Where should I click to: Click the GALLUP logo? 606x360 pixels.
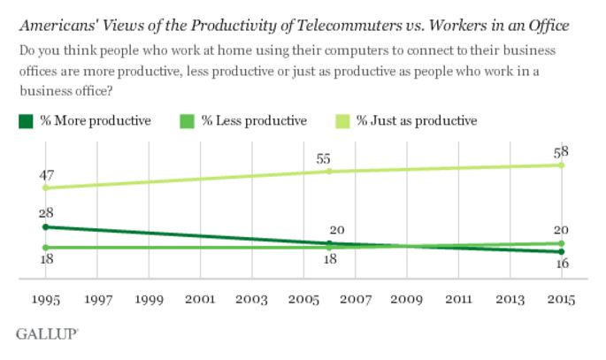[x=47, y=333]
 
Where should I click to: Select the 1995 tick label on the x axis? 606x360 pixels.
[x=45, y=301]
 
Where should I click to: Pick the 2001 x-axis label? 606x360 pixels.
[x=200, y=301]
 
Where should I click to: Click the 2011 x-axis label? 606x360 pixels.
[x=458, y=301]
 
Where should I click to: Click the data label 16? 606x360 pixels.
[x=560, y=264]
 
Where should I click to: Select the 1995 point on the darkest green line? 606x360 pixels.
[x=45, y=226]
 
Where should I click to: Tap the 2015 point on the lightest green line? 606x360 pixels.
[x=561, y=165]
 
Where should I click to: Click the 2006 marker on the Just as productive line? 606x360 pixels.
[x=329, y=171]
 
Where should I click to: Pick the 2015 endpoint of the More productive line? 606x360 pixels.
[x=561, y=252]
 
